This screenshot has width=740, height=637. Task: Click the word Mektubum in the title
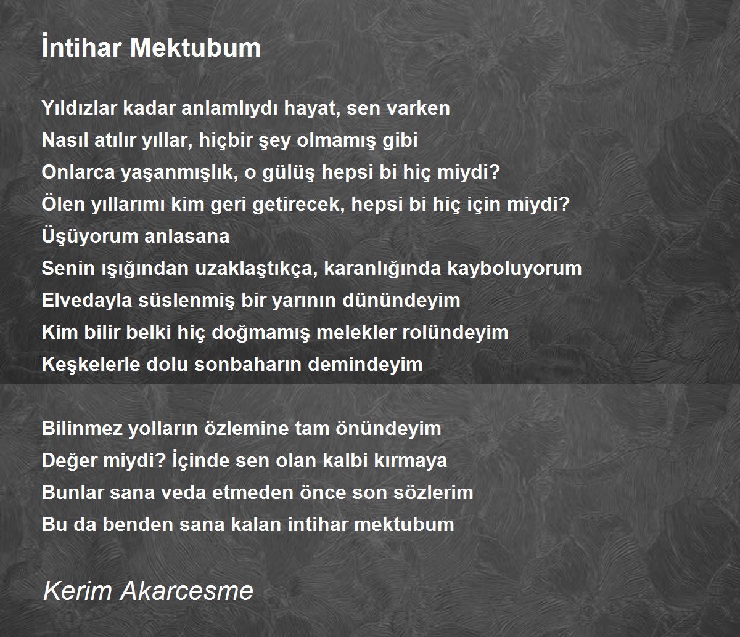(x=195, y=47)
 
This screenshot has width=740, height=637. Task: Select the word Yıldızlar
(x=79, y=108)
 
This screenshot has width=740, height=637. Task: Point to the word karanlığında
(x=382, y=269)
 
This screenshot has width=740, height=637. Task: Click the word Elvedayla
(x=87, y=300)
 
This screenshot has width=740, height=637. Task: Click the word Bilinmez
(x=82, y=428)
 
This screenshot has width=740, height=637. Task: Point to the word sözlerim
(x=434, y=492)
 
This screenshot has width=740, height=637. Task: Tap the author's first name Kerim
(x=77, y=591)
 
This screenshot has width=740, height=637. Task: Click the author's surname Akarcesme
(x=187, y=591)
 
